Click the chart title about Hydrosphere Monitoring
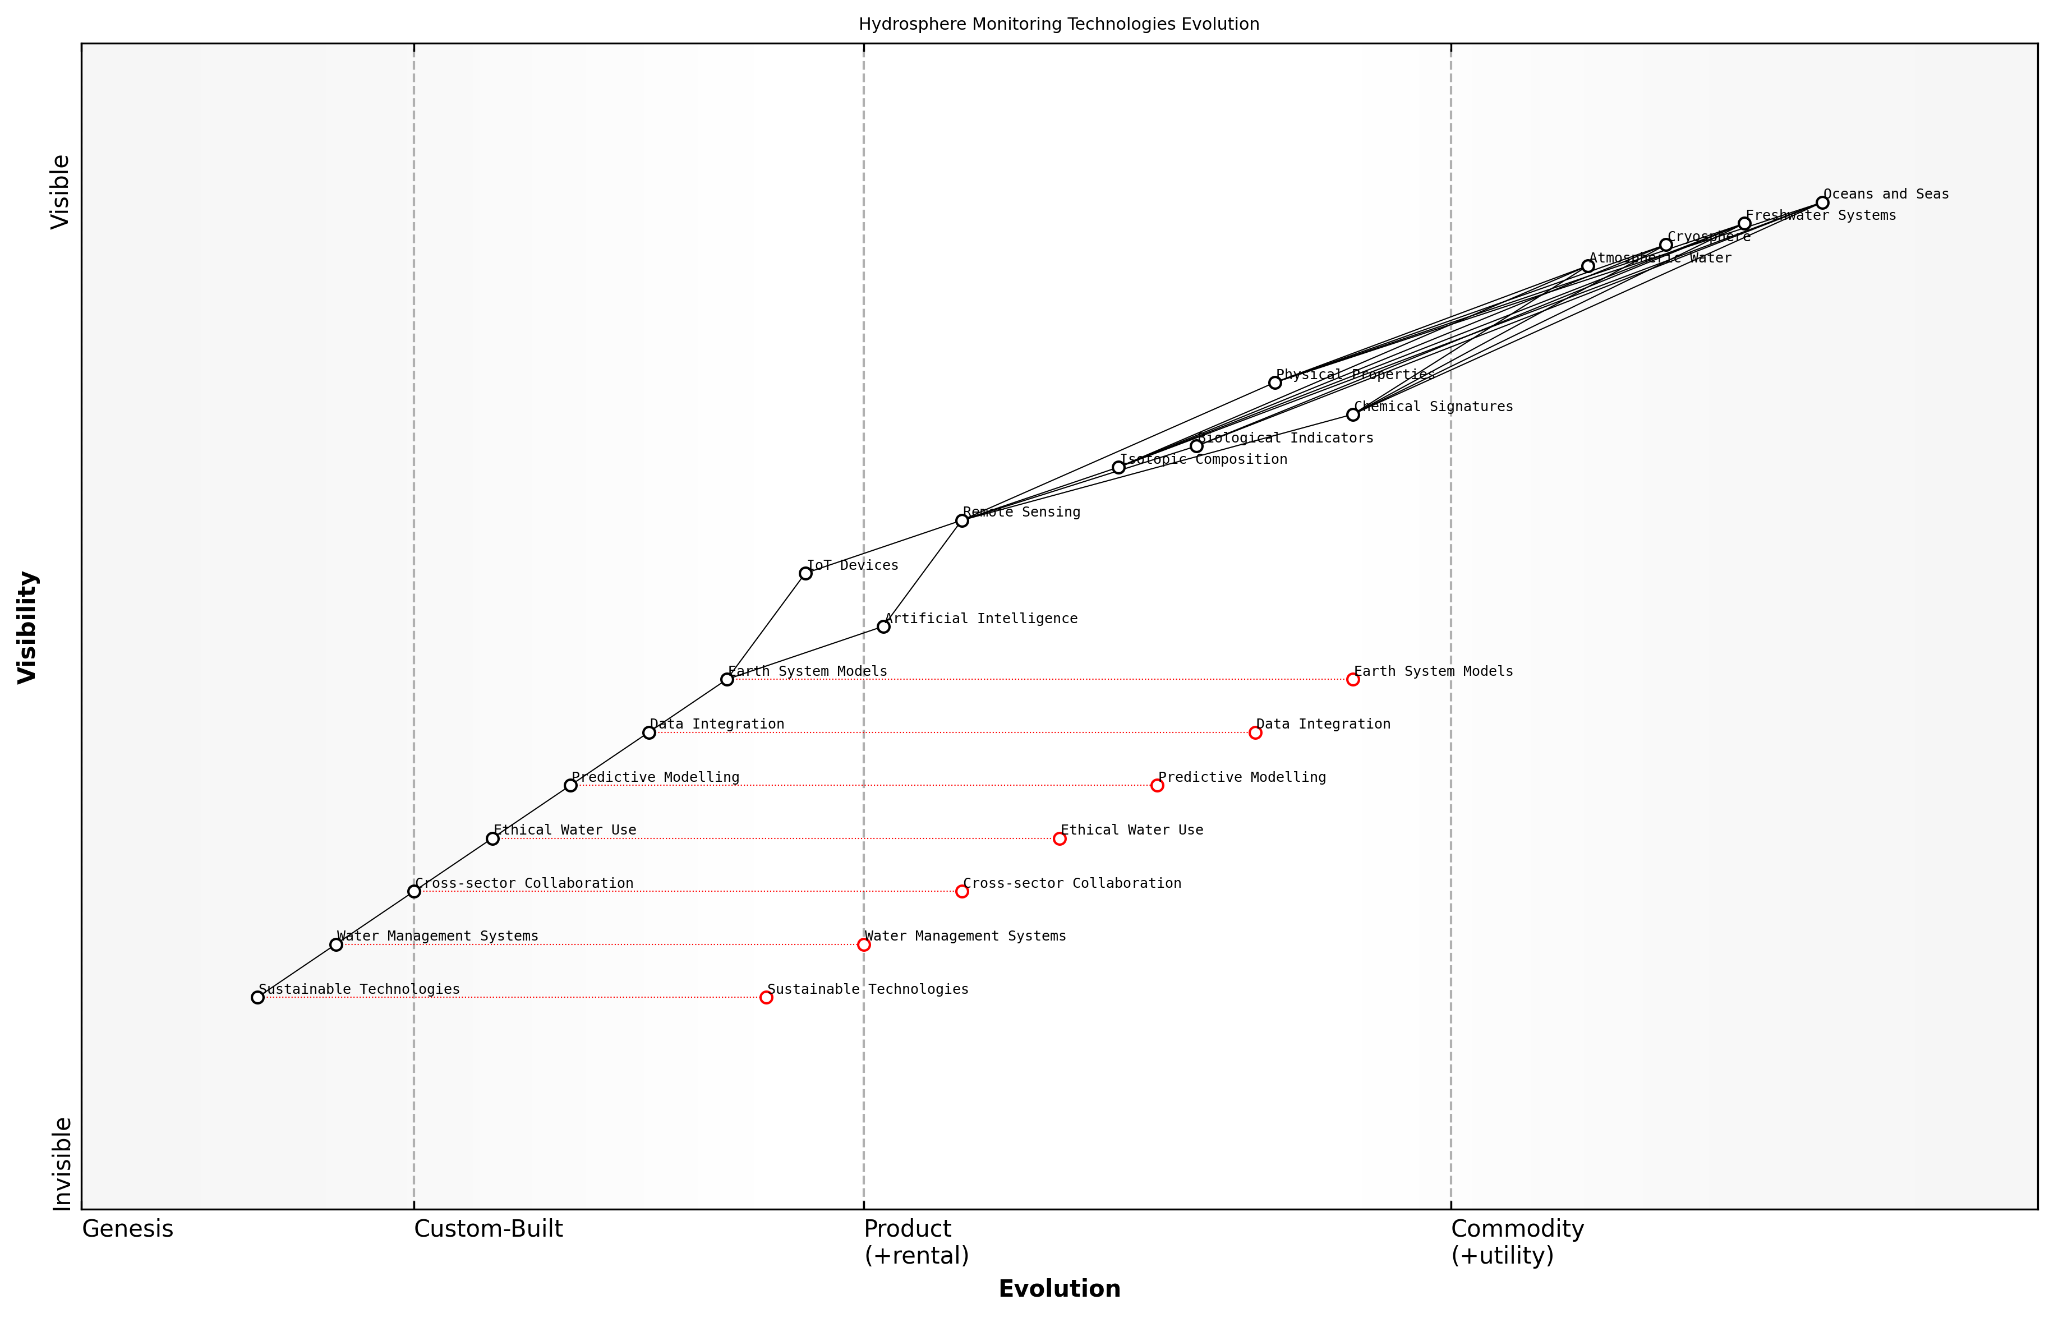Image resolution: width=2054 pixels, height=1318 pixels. pos(1058,24)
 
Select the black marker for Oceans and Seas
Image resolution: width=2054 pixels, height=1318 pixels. pos(1822,203)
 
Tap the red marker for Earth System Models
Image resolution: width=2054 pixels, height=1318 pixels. pos(1352,680)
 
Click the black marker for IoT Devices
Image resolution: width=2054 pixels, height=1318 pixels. pos(805,573)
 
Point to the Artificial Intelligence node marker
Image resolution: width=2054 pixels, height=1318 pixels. pos(883,626)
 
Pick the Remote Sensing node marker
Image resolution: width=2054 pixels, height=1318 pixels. pos(961,520)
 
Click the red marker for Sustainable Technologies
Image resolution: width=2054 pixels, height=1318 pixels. pos(766,997)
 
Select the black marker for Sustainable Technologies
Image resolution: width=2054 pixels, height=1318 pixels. pos(257,997)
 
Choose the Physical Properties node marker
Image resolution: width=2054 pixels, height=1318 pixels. pos(1274,383)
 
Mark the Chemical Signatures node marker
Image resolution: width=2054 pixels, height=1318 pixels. pos(1352,414)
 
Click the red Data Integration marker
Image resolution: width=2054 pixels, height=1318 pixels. pos(1255,732)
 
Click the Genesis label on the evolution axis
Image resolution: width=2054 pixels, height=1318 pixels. pos(127,1229)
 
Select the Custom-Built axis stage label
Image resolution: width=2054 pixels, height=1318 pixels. pos(488,1229)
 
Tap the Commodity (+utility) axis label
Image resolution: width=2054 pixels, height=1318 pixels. pos(1517,1241)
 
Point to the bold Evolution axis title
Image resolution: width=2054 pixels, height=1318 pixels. pos(1058,1289)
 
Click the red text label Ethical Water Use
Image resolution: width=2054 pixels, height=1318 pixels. pos(1131,830)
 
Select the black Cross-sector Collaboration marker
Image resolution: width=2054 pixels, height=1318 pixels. pos(415,891)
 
